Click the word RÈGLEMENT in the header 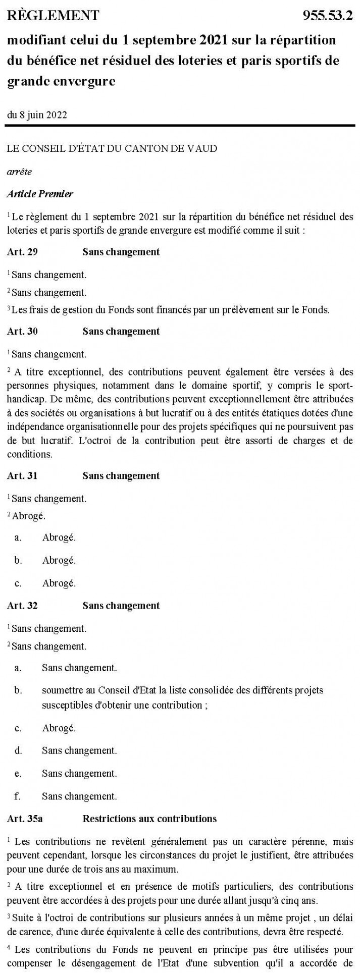click(x=54, y=16)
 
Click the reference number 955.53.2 click(x=328, y=16)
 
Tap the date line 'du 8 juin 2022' click(x=37, y=114)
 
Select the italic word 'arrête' click(x=20, y=171)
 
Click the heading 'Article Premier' click(x=40, y=194)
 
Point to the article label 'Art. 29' click(x=22, y=252)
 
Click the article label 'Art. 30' click(x=22, y=332)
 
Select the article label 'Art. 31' click(x=22, y=476)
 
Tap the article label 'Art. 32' click(x=22, y=606)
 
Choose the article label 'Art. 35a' click(x=25, y=819)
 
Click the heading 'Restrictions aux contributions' click(x=149, y=819)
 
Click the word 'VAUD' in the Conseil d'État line click(x=203, y=149)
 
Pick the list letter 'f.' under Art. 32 click(x=18, y=797)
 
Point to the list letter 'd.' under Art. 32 click(x=18, y=750)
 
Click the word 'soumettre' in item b click(x=60, y=690)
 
